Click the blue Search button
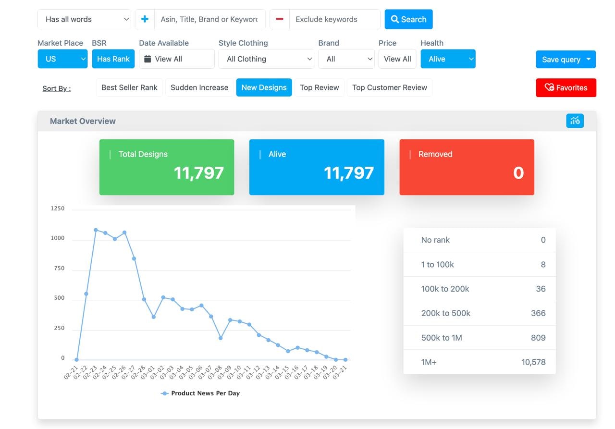coord(408,19)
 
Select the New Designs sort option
coord(264,87)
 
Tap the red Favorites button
coord(566,88)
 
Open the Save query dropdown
coord(566,60)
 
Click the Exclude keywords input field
coord(334,19)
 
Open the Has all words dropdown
coord(84,19)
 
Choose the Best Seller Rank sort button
coord(129,87)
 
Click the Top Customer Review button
coord(389,87)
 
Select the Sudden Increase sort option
coord(199,87)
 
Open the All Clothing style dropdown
coord(266,59)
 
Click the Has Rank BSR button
coord(113,59)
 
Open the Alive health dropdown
coord(448,59)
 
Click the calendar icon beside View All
coord(148,59)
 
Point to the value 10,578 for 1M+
coord(533,362)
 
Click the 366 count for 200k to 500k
coord(538,313)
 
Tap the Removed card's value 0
coord(518,173)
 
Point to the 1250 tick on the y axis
coord(58,208)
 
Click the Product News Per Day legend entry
coord(200,393)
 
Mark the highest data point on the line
coord(96,230)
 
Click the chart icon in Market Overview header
coord(575,121)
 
